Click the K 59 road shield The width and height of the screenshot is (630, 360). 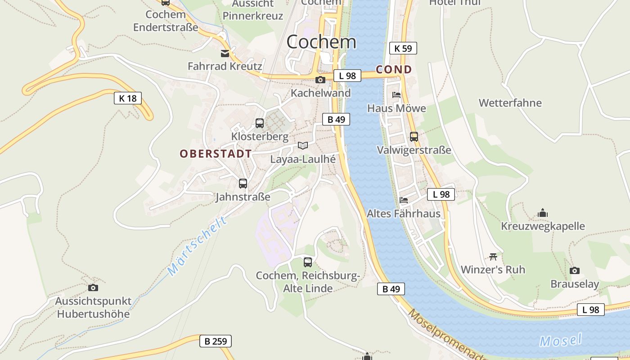click(403, 48)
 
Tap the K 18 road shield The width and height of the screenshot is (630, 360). click(128, 98)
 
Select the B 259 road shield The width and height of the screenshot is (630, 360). click(216, 341)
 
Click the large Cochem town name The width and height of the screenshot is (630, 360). click(321, 42)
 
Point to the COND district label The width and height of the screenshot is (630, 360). click(394, 69)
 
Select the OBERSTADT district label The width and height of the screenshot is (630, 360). click(216, 153)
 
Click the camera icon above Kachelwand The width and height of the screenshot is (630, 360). click(320, 80)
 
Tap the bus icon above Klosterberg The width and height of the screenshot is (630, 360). click(260, 123)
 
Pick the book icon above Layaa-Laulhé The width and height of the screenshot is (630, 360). click(303, 146)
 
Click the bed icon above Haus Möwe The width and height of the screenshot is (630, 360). click(396, 95)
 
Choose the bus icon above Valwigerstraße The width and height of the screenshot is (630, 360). click(414, 137)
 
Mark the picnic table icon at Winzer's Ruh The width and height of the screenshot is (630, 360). click(493, 256)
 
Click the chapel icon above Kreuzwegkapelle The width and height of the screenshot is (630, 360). click(543, 213)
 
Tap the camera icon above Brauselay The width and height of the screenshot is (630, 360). click(575, 270)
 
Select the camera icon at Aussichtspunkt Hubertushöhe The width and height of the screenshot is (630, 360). click(93, 288)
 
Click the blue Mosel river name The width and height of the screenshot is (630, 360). click(561, 340)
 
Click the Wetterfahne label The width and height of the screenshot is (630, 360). click(510, 103)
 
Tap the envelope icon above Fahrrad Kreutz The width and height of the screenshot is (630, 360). click(225, 54)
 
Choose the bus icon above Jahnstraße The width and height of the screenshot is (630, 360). click(243, 184)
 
